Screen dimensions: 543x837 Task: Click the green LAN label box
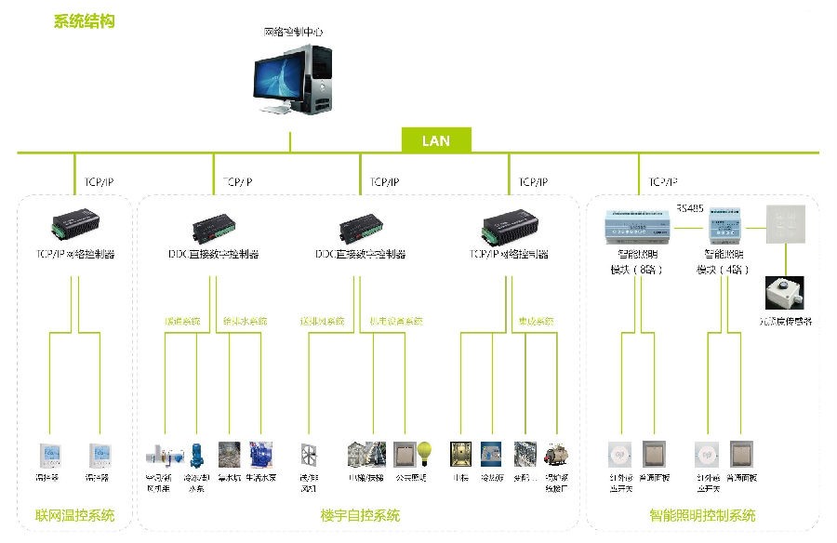(436, 141)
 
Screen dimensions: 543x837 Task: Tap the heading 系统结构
(85, 20)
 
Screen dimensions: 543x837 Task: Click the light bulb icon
(424, 453)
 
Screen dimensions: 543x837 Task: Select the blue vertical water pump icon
(196, 455)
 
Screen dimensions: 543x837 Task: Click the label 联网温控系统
(75, 515)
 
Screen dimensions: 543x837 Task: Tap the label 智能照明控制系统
(702, 515)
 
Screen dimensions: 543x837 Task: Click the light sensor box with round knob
(784, 292)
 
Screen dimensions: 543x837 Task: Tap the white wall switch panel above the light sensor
(783, 219)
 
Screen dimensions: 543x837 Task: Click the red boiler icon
(556, 455)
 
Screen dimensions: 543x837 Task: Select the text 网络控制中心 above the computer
(293, 32)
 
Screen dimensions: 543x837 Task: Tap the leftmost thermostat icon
(49, 455)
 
